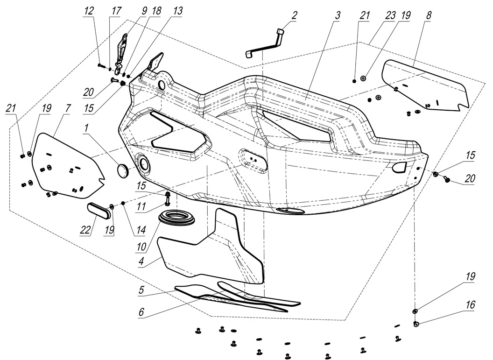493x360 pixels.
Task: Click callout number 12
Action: point(89,10)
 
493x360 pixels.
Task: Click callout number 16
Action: point(470,305)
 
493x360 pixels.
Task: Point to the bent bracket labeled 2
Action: point(264,44)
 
